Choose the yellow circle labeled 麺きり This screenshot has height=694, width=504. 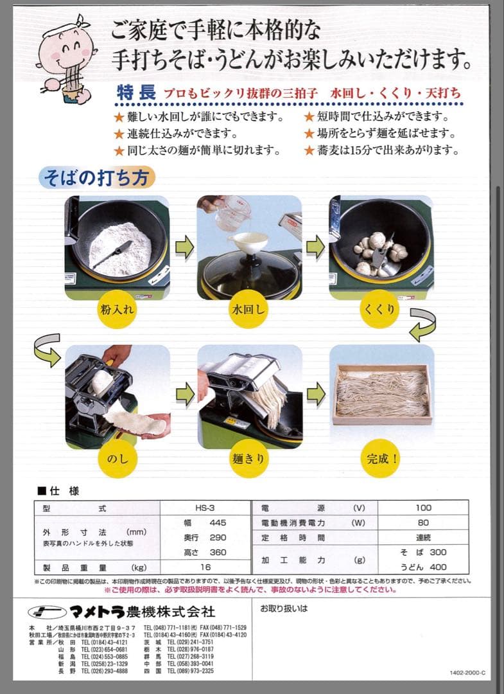pyautogui.click(x=248, y=459)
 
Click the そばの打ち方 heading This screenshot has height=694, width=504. pyautogui.click(x=96, y=177)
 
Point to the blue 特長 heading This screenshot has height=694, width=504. pyautogui.click(x=135, y=93)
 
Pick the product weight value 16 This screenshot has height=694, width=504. pyautogui.click(x=205, y=567)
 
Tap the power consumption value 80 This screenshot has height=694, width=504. pyautogui.click(x=423, y=522)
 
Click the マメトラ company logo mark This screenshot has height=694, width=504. pyautogui.click(x=48, y=610)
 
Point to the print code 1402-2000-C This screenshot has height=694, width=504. pyautogui.click(x=467, y=673)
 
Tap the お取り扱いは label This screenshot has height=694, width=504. pyautogui.click(x=284, y=607)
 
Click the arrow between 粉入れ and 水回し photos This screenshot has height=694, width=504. pyautogui.click(x=184, y=247)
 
